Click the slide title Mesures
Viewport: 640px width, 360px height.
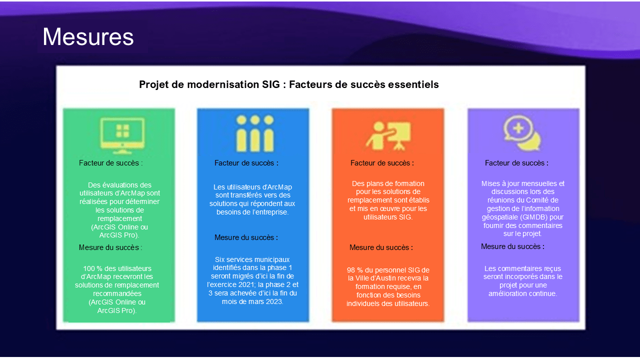point(88,37)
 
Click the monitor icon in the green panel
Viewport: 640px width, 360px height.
point(122,134)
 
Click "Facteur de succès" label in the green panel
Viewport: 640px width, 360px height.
point(110,163)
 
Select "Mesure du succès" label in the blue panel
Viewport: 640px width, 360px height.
point(246,237)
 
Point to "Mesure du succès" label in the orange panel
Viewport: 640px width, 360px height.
point(381,247)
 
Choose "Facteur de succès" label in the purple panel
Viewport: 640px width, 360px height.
point(516,163)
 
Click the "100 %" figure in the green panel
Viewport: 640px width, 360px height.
point(93,268)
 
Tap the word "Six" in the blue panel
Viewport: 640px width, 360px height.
point(220,259)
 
